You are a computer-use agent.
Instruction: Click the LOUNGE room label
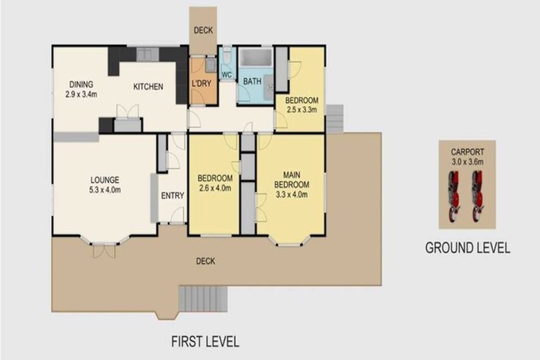pyautogui.click(x=104, y=179)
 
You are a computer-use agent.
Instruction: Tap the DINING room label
pyautogui.click(x=81, y=84)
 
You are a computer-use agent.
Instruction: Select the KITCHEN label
pyautogui.click(x=148, y=87)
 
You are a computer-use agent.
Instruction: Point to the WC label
pyautogui.click(x=226, y=75)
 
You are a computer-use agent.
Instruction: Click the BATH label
pyautogui.click(x=252, y=82)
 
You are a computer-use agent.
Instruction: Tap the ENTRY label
pyautogui.click(x=172, y=195)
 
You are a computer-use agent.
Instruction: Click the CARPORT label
pyautogui.click(x=467, y=150)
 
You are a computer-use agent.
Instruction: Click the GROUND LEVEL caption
pyautogui.click(x=467, y=248)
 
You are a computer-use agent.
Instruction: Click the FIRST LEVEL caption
pyautogui.click(x=205, y=342)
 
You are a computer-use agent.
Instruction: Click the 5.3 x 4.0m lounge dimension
pyautogui.click(x=104, y=189)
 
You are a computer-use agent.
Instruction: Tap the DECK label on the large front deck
pyautogui.click(x=205, y=262)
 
